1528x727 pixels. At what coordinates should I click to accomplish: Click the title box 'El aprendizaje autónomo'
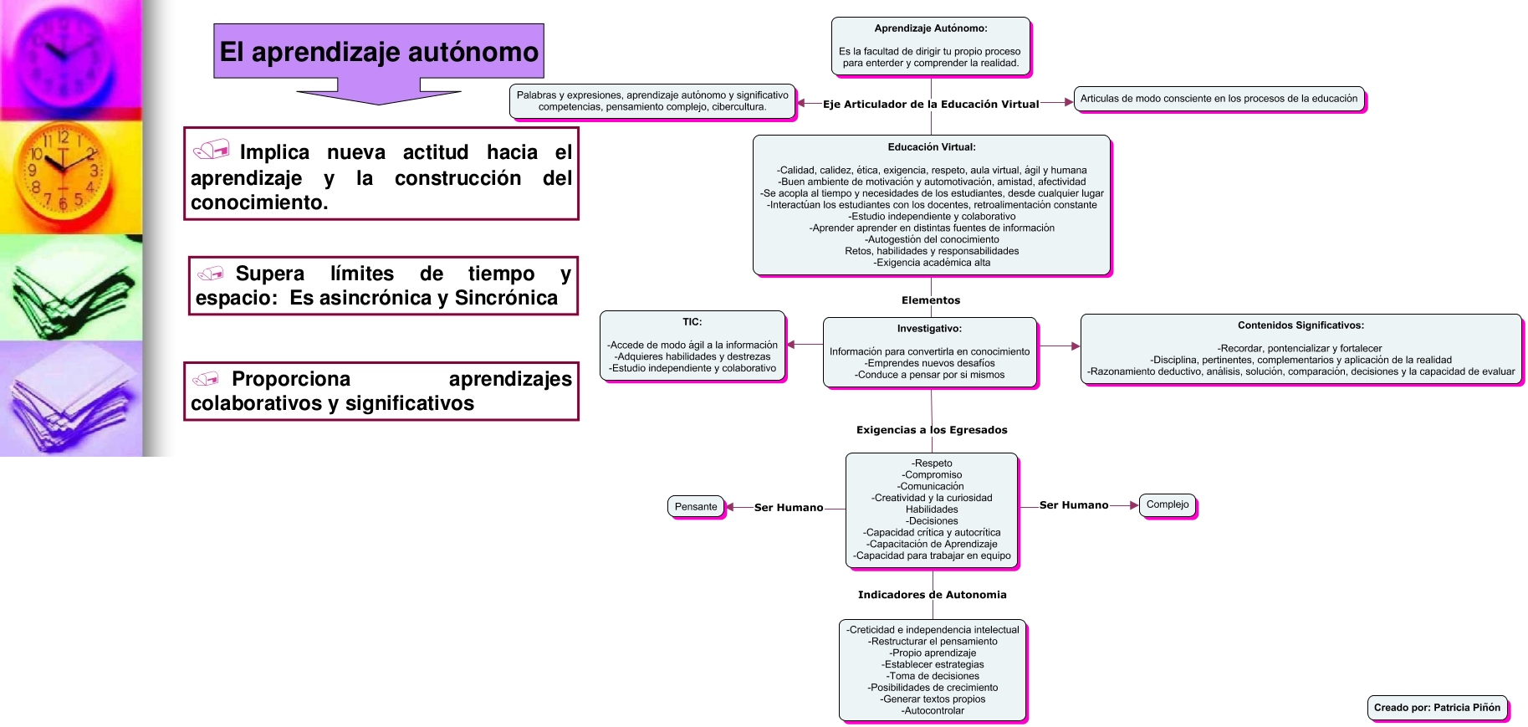coord(379,52)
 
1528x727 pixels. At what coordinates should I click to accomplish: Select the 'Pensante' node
coord(696,507)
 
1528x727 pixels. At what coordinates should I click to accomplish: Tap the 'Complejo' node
coord(1168,504)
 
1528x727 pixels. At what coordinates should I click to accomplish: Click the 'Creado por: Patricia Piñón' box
coord(1437,708)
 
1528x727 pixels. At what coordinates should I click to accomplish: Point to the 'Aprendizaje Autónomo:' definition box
coord(930,46)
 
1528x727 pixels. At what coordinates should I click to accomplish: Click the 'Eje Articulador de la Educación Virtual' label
coord(930,105)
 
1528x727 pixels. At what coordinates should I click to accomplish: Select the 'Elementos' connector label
coord(930,300)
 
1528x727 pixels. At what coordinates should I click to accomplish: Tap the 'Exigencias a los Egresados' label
coord(931,430)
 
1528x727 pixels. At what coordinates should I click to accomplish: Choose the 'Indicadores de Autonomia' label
coord(932,595)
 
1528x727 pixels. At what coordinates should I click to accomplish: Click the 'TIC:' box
coord(692,346)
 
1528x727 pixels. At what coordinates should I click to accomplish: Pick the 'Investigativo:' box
coord(929,352)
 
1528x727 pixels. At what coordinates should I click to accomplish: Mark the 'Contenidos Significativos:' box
coord(1301,349)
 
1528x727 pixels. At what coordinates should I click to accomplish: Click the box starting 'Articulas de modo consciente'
coord(1219,99)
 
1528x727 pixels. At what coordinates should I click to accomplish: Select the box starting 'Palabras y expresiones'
coord(652,101)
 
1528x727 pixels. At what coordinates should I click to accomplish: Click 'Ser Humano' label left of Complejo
coord(1073,505)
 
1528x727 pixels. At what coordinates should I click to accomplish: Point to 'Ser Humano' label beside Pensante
coord(788,508)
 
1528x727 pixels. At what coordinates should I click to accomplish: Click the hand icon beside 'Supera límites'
coord(211,274)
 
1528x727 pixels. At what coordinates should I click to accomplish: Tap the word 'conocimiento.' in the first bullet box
coord(259,202)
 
